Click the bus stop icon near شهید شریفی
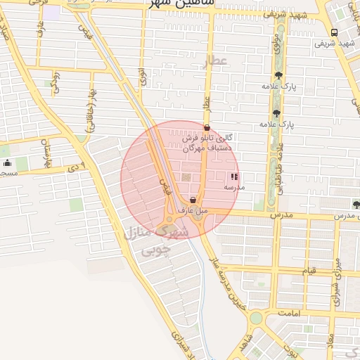coord(333,32)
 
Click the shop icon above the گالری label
coord(206,128)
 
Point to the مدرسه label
coord(234,188)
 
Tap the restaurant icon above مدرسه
coord(234,176)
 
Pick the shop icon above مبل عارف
coord(193,200)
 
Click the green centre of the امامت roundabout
coord(255,318)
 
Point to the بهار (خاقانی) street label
coord(91,113)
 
